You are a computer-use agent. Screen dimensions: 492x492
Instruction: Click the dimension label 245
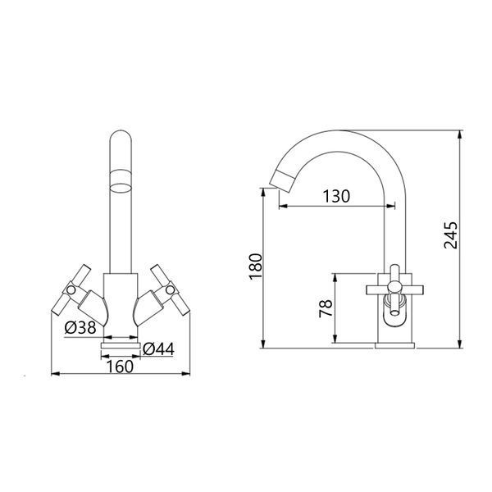(x=450, y=235)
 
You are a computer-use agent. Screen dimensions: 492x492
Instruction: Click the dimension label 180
(x=255, y=266)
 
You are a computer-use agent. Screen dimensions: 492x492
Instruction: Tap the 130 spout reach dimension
(x=336, y=196)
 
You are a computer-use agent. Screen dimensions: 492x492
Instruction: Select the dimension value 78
(x=326, y=308)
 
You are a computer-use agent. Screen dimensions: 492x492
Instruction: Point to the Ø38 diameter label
(x=80, y=328)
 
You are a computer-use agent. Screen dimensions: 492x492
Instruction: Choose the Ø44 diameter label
(x=158, y=349)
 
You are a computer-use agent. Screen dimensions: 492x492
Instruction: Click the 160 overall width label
(x=121, y=367)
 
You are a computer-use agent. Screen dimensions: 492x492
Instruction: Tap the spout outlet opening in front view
(x=121, y=187)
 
